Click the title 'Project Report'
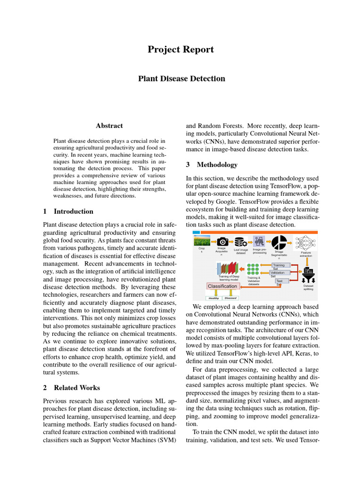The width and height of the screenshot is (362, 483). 181,50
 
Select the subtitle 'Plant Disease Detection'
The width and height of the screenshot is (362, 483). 181,78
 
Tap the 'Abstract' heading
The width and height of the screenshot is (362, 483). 109,126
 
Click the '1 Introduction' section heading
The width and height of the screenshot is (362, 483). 68,211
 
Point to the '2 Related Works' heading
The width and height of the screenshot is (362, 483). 71,388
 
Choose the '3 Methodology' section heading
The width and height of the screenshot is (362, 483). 212,165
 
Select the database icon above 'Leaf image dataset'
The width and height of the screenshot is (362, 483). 241,241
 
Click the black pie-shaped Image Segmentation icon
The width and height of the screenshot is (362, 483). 279,241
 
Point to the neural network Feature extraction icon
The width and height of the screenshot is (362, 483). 306,241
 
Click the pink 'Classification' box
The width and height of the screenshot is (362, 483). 222,286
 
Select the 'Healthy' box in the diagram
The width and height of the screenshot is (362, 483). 214,298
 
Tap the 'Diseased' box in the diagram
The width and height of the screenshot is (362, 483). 230,298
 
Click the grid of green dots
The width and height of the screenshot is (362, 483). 254,269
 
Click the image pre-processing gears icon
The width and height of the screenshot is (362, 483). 259,241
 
